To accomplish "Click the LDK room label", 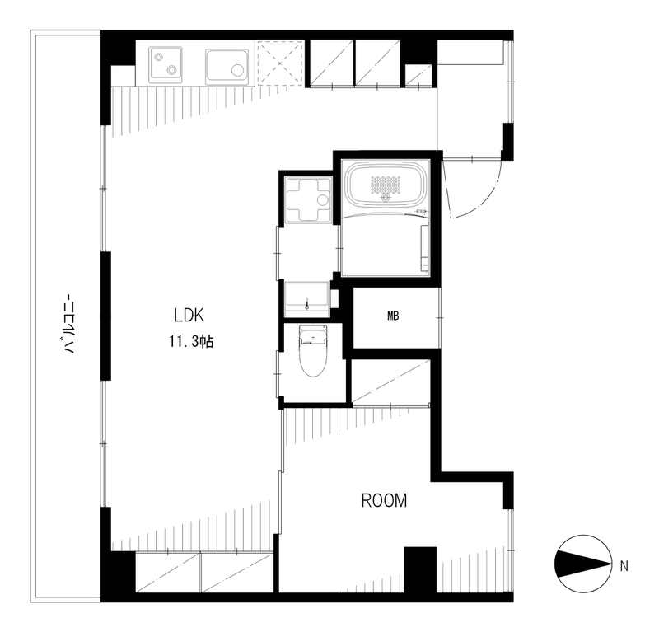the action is click(x=189, y=315).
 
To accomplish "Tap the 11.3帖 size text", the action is click(x=191, y=341).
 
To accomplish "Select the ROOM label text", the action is click(x=384, y=500).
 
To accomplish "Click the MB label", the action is click(x=393, y=316).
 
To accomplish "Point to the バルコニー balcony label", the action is click(x=69, y=325).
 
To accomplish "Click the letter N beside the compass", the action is click(x=624, y=566).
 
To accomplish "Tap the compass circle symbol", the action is click(x=583, y=564).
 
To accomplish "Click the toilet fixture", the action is click(x=313, y=351).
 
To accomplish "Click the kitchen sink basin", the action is click(x=227, y=67).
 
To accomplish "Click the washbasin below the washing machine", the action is click(x=306, y=299).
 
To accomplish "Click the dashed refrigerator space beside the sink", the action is click(x=280, y=63).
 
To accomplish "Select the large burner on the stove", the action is click(x=172, y=70).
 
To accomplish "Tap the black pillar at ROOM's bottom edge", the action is click(x=420, y=569).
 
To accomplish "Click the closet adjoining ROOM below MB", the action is click(x=390, y=382).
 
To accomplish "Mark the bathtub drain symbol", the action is click(x=384, y=197).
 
